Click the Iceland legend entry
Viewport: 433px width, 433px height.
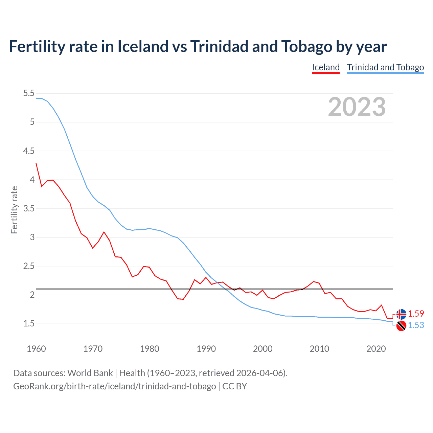[x=325, y=67]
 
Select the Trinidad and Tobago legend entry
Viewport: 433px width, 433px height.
[x=385, y=67]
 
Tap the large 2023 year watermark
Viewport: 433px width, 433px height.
[x=357, y=107]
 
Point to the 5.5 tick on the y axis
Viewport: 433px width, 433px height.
[x=29, y=93]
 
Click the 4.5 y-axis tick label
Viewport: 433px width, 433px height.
[x=29, y=151]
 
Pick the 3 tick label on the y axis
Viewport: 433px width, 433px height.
[x=32, y=237]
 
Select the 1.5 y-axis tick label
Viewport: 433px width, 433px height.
[x=29, y=324]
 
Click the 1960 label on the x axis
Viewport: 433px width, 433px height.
[x=36, y=349]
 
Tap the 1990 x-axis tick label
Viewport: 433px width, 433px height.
[x=206, y=349]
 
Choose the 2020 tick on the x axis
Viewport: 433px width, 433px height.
[x=376, y=349]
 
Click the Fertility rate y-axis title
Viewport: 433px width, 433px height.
[x=14, y=210]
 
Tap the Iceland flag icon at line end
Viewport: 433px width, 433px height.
[x=401, y=314]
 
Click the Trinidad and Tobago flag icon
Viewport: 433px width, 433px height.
[x=401, y=326]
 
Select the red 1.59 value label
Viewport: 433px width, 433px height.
[x=416, y=314]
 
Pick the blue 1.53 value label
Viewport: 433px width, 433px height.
[x=416, y=325]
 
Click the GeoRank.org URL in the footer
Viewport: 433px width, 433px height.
[x=114, y=386]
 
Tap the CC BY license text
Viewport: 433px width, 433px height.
[x=235, y=386]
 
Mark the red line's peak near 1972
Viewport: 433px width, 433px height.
[x=104, y=232]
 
